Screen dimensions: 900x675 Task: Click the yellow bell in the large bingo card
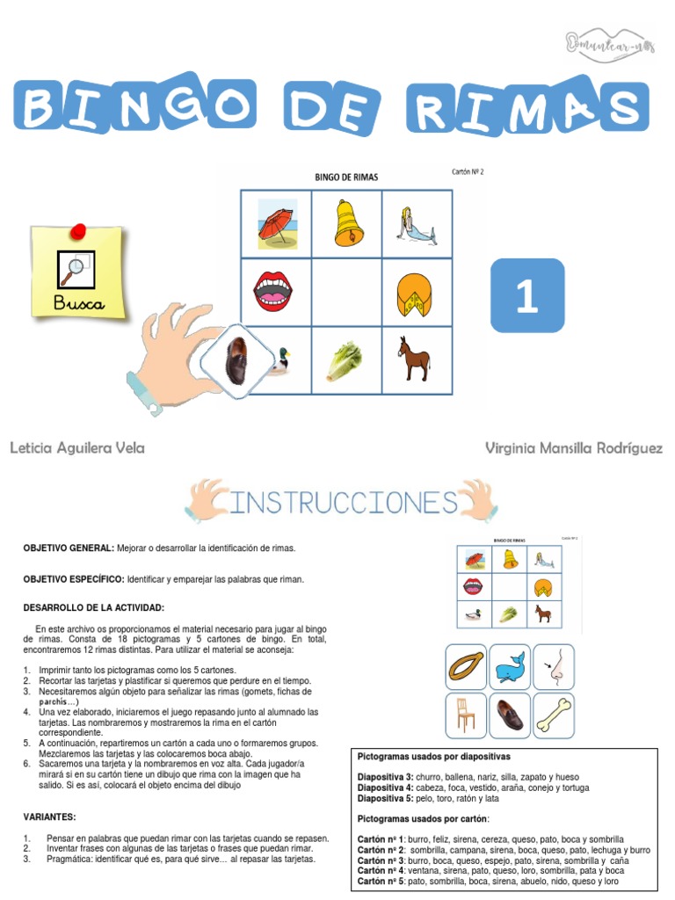click(347, 224)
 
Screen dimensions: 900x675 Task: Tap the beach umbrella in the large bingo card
click(275, 224)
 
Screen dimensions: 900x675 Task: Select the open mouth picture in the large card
click(275, 292)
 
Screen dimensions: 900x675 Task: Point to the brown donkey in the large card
click(413, 359)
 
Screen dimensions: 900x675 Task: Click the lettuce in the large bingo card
click(345, 360)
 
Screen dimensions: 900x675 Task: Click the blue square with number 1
click(526, 295)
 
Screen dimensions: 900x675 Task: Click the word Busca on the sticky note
click(78, 305)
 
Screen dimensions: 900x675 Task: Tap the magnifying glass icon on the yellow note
click(75, 267)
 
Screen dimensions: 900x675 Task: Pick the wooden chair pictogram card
click(466, 714)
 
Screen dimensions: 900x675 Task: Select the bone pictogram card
click(553, 714)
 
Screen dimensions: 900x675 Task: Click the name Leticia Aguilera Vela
click(77, 448)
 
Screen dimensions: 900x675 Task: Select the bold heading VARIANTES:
click(50, 816)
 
